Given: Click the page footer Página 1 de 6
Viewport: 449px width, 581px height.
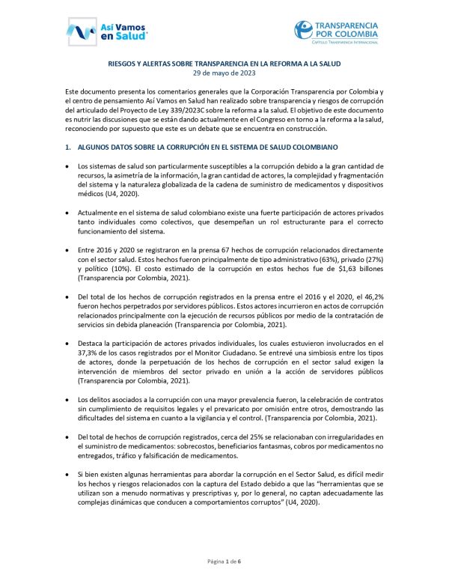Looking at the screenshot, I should [x=224, y=561].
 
